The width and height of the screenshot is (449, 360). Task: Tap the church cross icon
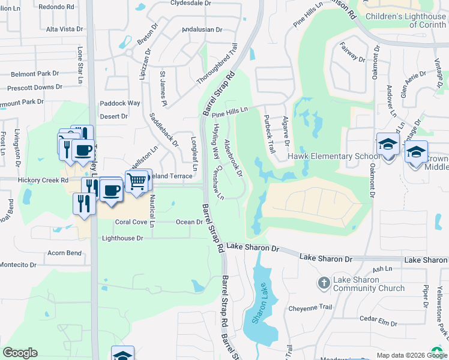click(323, 283)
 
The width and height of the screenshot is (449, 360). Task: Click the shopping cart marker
click(137, 179)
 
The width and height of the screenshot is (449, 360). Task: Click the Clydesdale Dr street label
click(191, 3)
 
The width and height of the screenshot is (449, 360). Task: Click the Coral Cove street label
click(131, 222)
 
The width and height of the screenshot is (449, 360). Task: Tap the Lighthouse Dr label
click(122, 238)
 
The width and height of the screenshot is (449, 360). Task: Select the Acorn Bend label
click(65, 253)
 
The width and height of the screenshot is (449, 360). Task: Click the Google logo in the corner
click(20, 353)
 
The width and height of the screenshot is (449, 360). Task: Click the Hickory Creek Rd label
click(40, 180)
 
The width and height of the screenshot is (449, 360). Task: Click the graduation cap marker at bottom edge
click(122, 355)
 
